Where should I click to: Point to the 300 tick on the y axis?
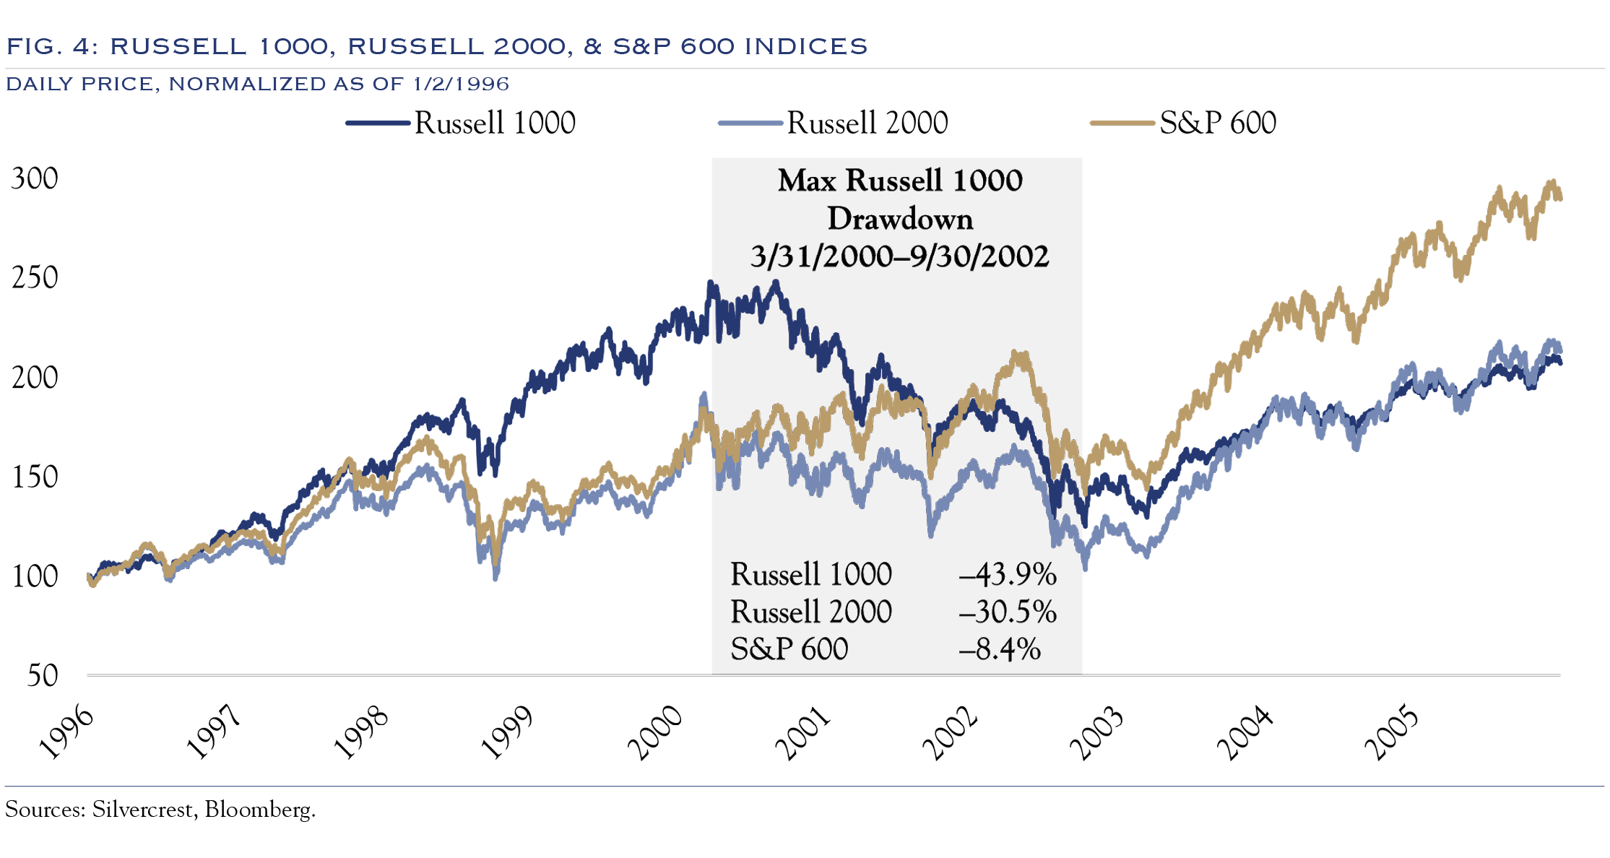click(x=35, y=178)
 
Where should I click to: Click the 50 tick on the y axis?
click(x=42, y=675)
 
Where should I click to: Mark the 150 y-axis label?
click(x=35, y=477)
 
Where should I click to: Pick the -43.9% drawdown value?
click(x=1007, y=575)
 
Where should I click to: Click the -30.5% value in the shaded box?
click(x=1007, y=612)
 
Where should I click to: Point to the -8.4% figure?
click(x=999, y=649)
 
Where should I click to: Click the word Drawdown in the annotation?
click(x=900, y=219)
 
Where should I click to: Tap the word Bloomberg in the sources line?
click(x=259, y=810)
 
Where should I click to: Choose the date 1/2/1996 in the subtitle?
click(x=461, y=84)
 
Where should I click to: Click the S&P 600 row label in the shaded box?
click(x=789, y=649)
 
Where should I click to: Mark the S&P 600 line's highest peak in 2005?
click(x=1551, y=183)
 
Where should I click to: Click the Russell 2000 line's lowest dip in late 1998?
click(x=495, y=576)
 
